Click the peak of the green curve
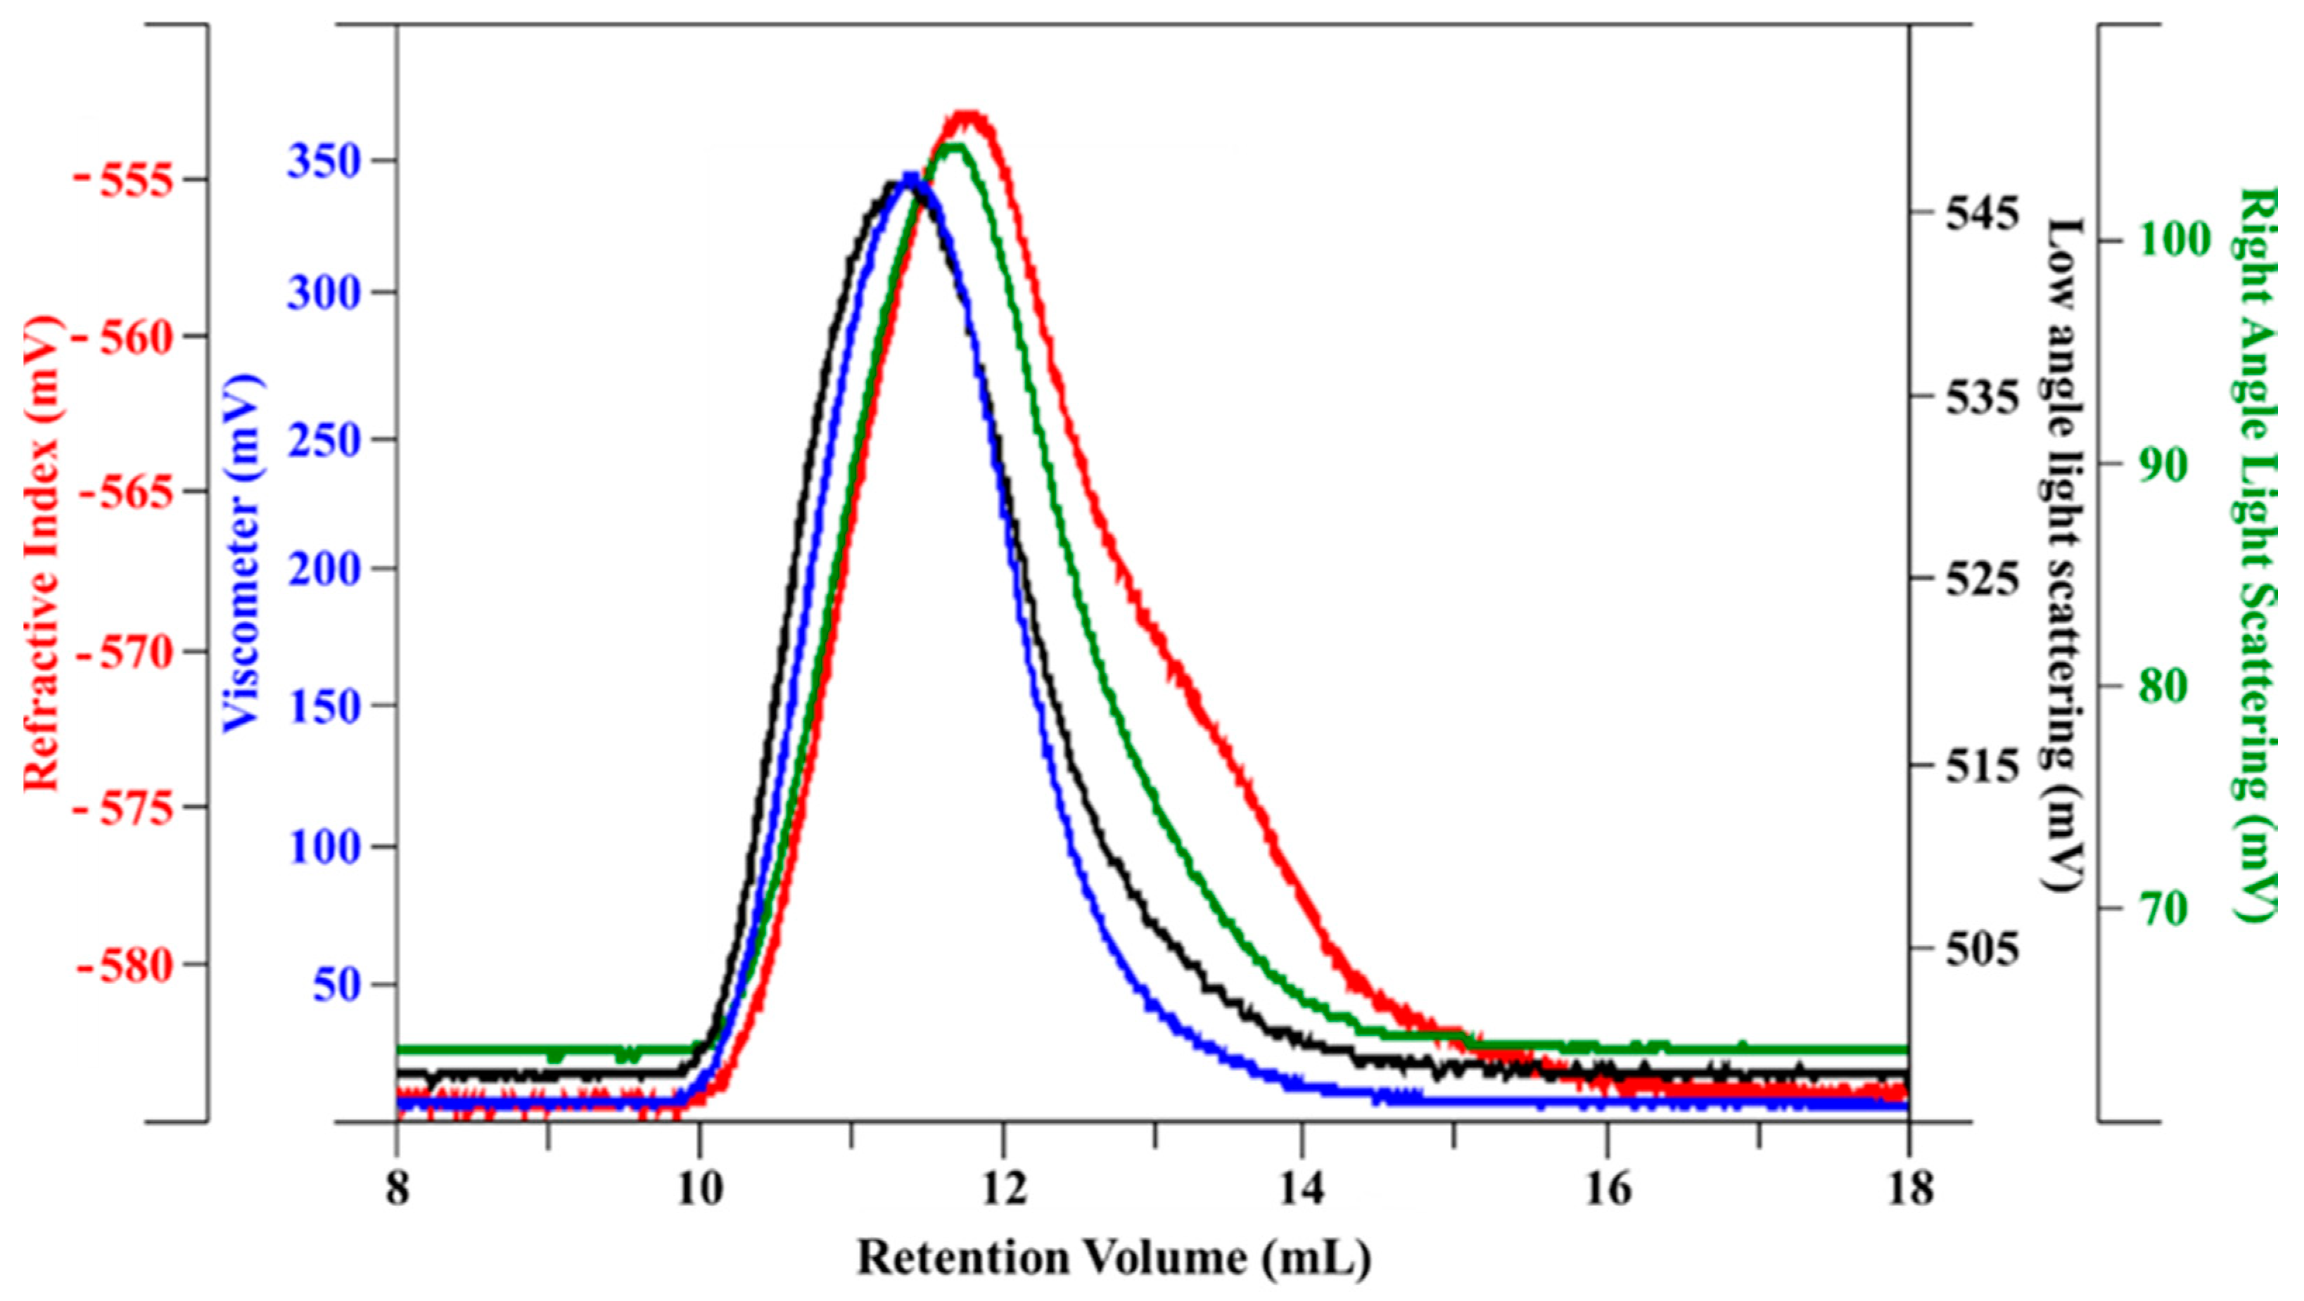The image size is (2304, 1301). (x=953, y=148)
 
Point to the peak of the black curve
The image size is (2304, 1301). (x=893, y=185)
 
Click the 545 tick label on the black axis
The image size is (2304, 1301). (x=1980, y=214)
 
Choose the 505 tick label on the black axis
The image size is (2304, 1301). (x=1980, y=949)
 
